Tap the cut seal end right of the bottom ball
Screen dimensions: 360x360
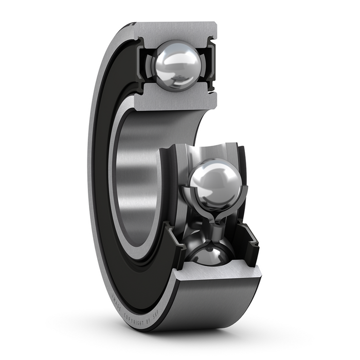(253, 242)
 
